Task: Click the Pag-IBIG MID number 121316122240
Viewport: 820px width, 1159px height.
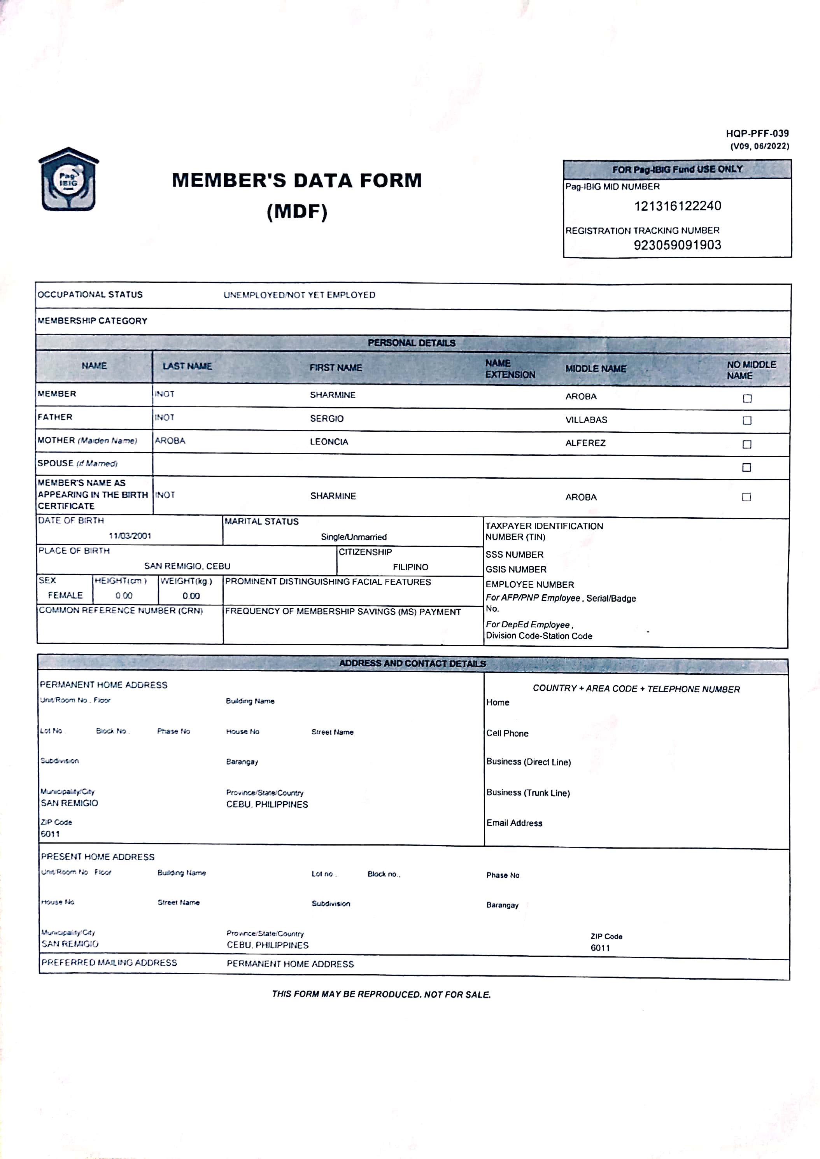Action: (677, 206)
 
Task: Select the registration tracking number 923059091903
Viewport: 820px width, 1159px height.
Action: (677, 245)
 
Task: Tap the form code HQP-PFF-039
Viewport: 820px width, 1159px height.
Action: (757, 133)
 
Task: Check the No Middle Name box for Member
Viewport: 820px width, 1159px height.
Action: (747, 398)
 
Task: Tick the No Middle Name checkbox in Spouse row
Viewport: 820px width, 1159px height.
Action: (746, 467)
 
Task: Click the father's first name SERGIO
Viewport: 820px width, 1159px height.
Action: (327, 418)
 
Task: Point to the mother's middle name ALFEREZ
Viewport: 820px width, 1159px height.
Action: (585, 443)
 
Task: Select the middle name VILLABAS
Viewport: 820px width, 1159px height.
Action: (586, 420)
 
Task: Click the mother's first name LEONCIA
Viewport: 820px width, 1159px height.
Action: (329, 442)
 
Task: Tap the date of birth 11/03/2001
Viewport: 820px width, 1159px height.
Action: (130, 536)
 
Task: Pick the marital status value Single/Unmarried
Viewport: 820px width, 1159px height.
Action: (354, 537)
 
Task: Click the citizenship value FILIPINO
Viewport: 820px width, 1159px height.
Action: (410, 567)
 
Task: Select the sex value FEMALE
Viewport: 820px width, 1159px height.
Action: (65, 595)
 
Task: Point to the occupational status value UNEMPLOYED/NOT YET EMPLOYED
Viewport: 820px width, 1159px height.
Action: (299, 295)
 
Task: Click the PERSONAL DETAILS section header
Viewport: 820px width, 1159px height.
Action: (411, 343)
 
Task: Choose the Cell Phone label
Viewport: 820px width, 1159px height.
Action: (507, 733)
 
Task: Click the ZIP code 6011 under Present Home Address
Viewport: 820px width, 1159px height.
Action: (600, 947)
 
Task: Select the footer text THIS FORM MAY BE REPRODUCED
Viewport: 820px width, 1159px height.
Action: (381, 994)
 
